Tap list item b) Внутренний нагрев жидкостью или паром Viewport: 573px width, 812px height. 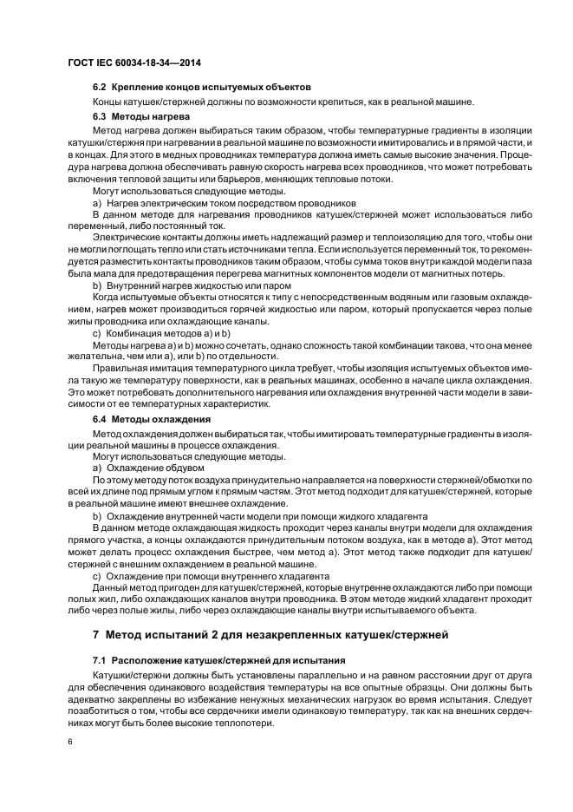click(191, 285)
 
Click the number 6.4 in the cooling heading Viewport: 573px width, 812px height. click(101, 419)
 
